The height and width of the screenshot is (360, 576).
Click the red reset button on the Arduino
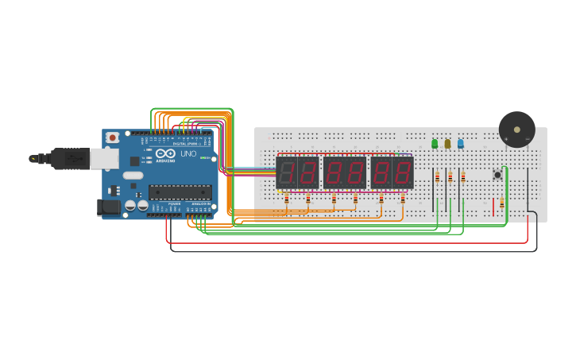(113, 137)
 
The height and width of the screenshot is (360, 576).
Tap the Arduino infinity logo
(165, 153)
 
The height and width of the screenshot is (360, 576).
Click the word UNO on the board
(188, 153)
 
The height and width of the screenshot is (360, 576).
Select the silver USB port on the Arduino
(103, 159)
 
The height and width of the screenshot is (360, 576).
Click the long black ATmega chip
(180, 192)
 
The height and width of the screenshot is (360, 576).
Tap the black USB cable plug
(70, 159)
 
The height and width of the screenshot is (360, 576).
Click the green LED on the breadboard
(435, 144)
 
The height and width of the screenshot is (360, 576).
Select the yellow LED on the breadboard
(447, 144)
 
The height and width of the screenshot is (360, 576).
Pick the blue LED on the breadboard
(460, 144)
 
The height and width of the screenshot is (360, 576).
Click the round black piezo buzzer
(517, 129)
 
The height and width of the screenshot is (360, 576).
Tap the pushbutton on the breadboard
(498, 174)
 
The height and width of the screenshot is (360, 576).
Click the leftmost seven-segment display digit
(286, 172)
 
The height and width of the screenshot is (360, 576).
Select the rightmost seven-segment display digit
(403, 172)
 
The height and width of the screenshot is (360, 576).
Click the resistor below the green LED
(437, 178)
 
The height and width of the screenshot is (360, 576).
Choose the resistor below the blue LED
(463, 178)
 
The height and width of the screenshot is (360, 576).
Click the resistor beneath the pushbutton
(501, 204)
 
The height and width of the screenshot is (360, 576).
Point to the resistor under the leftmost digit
(287, 199)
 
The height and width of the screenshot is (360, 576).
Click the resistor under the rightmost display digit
(403, 199)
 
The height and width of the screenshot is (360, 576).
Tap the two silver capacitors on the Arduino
(137, 206)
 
